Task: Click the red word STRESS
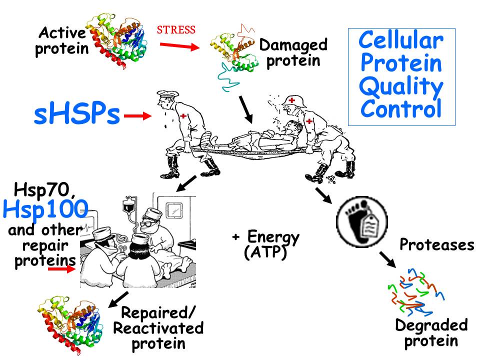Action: tap(176, 30)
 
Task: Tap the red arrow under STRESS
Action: tap(179, 46)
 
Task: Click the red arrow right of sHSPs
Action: tap(138, 115)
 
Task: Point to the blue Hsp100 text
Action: tap(45, 209)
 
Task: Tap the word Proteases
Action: tap(437, 244)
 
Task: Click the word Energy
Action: tap(273, 237)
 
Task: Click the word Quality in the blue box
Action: tap(401, 86)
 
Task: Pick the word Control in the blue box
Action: tap(401, 108)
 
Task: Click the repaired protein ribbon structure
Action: tap(70, 324)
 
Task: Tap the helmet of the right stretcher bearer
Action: tap(294, 101)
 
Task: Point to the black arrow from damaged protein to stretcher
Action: tap(246, 109)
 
